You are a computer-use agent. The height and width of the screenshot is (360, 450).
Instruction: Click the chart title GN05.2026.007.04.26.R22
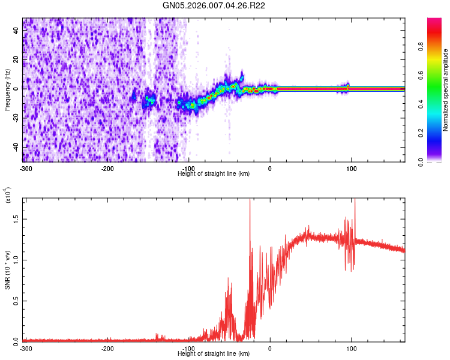click(215, 6)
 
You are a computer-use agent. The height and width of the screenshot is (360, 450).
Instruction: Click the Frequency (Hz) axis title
click(7, 90)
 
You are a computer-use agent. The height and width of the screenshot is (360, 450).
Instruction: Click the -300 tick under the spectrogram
click(26, 168)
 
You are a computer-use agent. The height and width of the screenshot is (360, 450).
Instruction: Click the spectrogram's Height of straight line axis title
click(214, 173)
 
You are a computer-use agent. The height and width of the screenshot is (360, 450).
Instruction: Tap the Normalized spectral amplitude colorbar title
click(446, 90)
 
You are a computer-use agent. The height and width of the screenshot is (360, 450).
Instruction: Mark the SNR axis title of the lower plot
click(7, 270)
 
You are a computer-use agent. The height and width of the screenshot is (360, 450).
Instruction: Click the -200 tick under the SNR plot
click(107, 348)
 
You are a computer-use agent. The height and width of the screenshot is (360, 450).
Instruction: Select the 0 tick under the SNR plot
click(269, 348)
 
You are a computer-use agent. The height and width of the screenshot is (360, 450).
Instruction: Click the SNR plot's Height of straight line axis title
click(214, 353)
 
